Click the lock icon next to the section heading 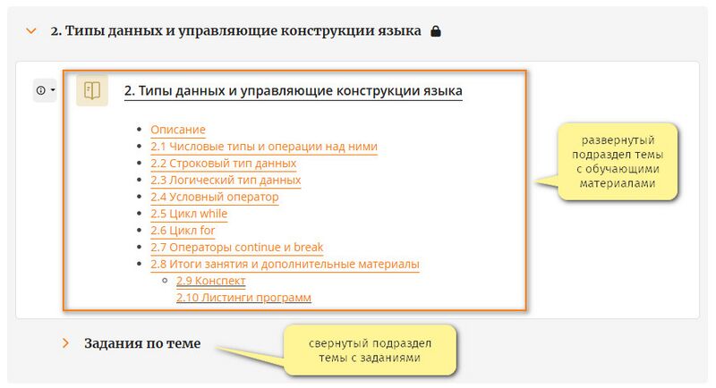pos(436,31)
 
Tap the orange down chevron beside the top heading pos(31,31)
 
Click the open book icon pos(92,90)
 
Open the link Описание pos(178,130)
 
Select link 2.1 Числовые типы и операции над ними pos(264,147)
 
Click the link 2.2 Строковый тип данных pos(223,164)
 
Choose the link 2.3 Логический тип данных pos(226,180)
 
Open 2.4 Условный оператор pos(215,197)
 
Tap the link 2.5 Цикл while pos(189,214)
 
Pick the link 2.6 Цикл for pos(183,231)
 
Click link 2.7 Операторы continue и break pos(237,248)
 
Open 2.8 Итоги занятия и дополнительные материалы pos(285,265)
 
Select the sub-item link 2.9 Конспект pos(211,281)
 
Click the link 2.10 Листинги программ pos(243,298)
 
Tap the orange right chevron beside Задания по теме pos(65,343)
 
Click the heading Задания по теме pos(142,343)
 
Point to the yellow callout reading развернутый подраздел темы pos(617,162)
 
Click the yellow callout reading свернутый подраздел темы pos(370,350)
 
